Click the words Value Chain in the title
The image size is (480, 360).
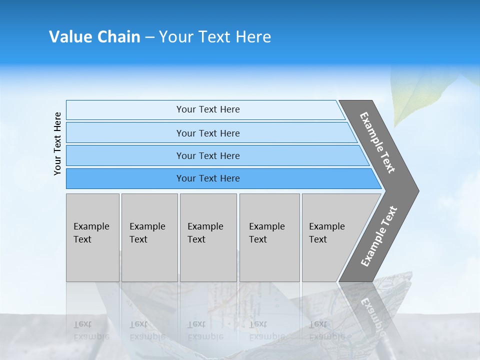94,37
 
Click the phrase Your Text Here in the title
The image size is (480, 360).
215,37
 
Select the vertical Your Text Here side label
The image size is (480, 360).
57,143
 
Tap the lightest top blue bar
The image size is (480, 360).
125,110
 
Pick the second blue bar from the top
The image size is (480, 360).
125,133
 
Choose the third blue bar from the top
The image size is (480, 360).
125,155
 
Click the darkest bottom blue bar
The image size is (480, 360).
125,178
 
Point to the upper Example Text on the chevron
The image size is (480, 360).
377,142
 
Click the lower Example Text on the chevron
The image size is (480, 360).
379,236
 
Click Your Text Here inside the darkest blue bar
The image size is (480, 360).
208,178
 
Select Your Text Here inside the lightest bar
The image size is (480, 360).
208,109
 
